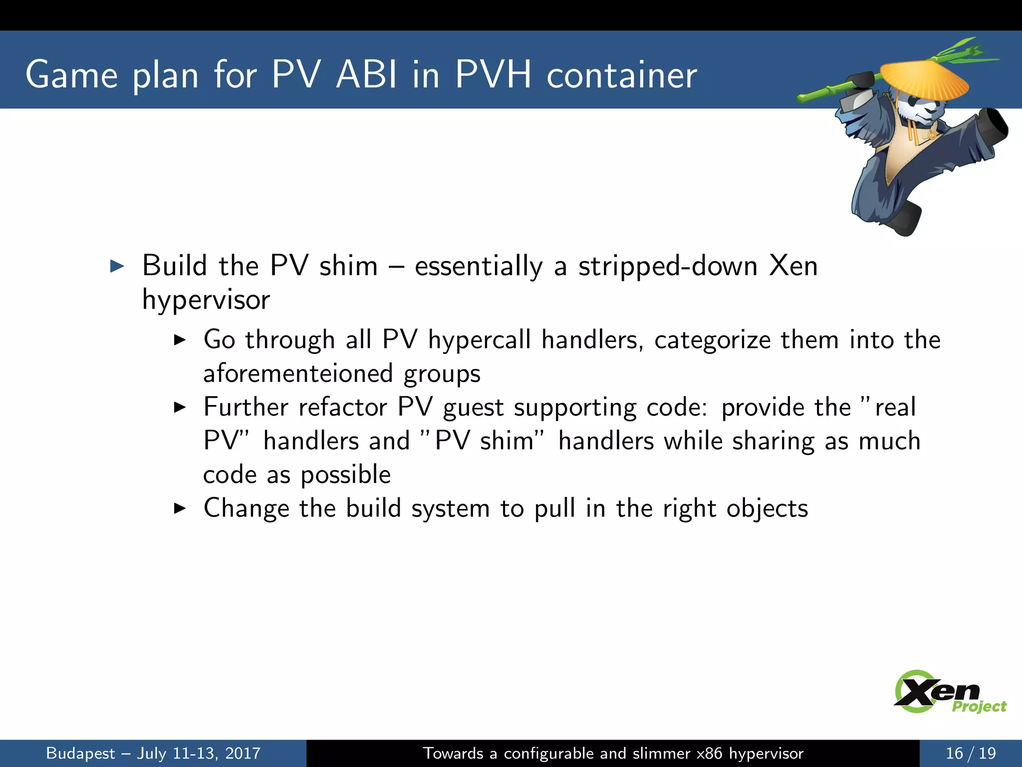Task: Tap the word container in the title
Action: coord(621,76)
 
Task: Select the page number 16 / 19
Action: coord(971,753)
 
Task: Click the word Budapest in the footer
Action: coord(80,754)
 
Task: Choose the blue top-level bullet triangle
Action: coord(117,266)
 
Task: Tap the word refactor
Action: coord(343,407)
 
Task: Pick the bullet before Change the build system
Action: coord(180,509)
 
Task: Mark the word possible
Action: coord(345,475)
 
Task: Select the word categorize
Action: coord(712,340)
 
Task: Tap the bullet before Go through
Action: coord(180,341)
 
